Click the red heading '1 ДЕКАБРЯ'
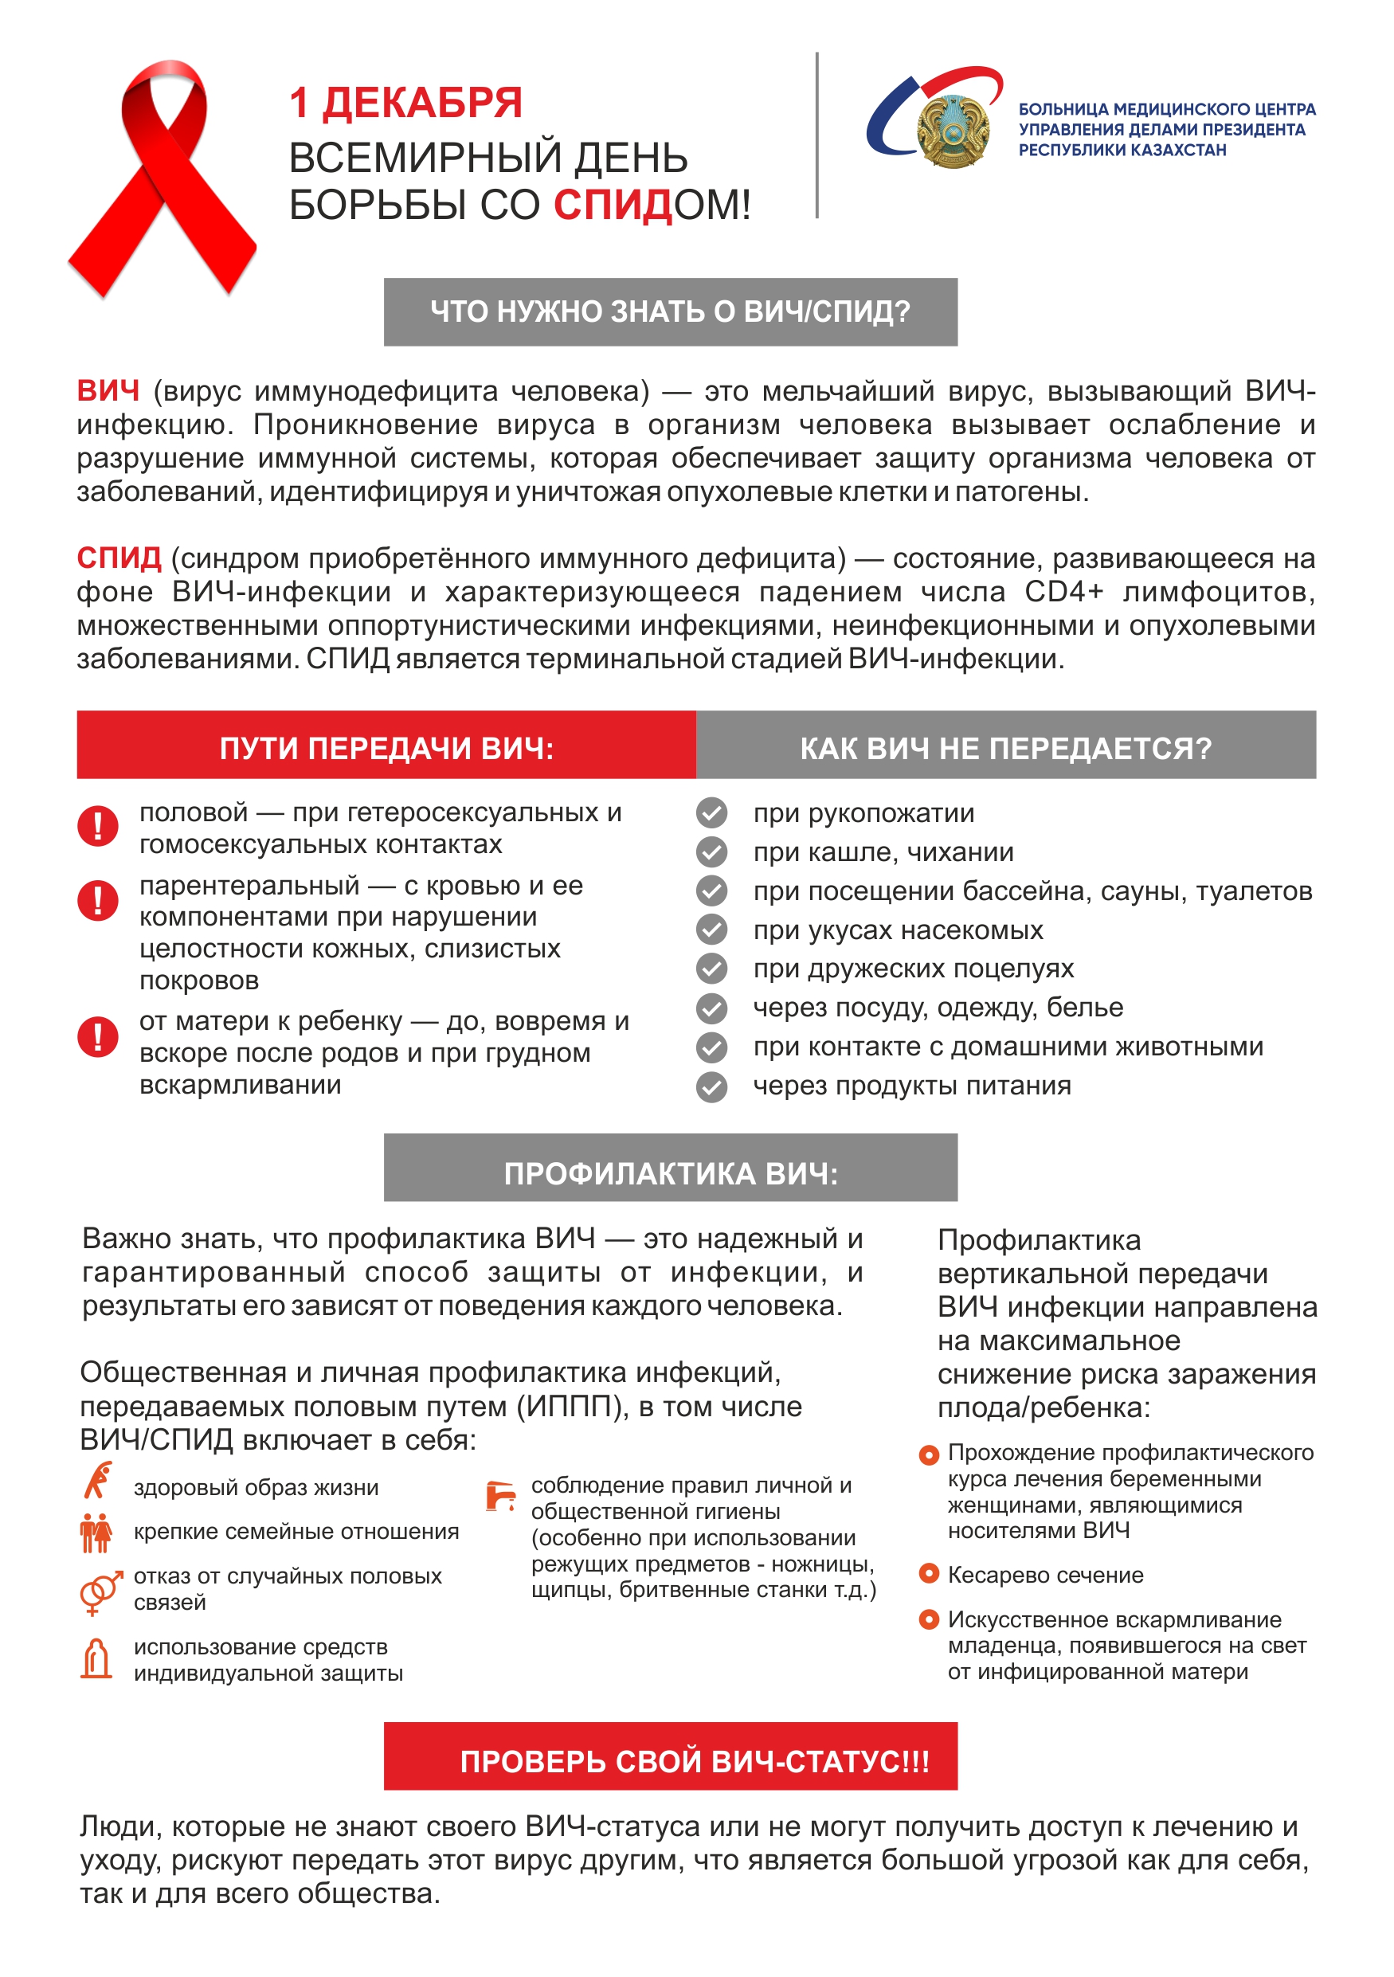(x=405, y=104)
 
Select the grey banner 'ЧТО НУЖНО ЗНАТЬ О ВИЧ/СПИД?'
(x=670, y=311)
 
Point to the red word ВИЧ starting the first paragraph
(x=108, y=391)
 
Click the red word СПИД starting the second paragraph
(x=119, y=558)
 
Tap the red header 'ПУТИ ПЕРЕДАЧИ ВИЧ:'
(x=386, y=747)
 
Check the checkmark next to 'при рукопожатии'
(x=711, y=812)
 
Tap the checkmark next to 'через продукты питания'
(x=711, y=1086)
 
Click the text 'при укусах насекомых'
(x=897, y=930)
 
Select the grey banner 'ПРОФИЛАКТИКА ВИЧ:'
(x=670, y=1172)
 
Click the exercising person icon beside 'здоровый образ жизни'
(x=98, y=1480)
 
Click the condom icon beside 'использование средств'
(x=96, y=1658)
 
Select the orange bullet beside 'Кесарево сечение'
(x=928, y=1573)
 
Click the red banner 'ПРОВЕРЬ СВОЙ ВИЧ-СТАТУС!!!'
(x=670, y=1761)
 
